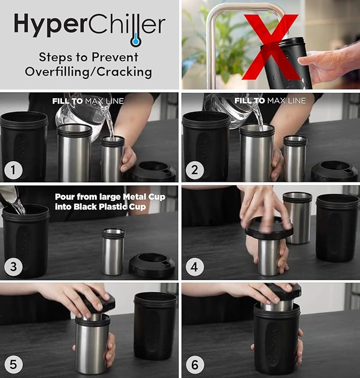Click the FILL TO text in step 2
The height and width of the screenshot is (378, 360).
tap(250, 100)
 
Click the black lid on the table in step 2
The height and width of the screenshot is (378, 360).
tap(334, 171)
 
